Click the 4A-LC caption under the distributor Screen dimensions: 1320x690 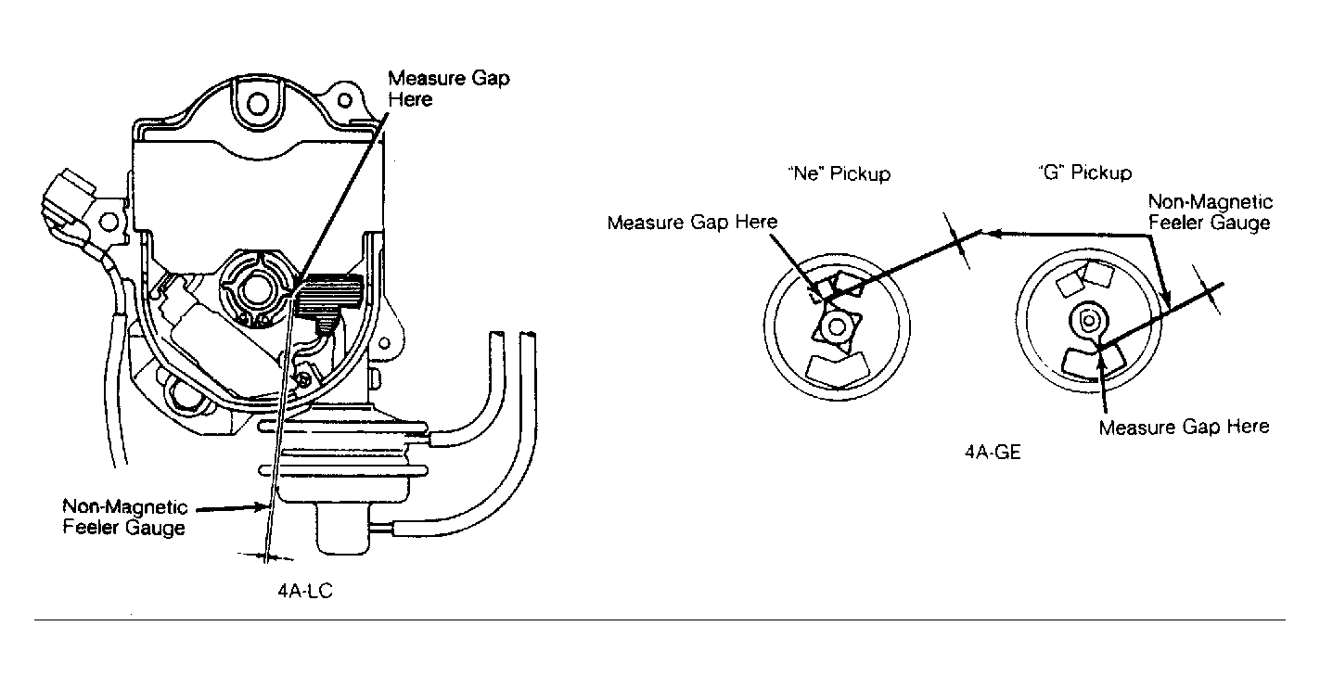tap(305, 591)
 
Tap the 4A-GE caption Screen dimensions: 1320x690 tap(993, 452)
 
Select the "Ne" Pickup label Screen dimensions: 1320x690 tap(839, 173)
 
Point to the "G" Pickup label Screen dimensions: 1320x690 tap(1085, 172)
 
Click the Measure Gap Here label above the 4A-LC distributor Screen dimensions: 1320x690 tap(448, 89)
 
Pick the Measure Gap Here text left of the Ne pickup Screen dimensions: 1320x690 tap(692, 223)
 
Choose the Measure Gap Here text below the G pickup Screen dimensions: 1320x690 tap(1184, 427)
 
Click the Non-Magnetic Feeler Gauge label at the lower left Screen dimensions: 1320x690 tap(125, 517)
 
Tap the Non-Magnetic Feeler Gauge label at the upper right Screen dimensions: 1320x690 tap(1211, 212)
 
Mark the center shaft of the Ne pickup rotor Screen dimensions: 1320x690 tap(836, 326)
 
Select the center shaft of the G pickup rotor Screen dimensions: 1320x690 tap(1088, 321)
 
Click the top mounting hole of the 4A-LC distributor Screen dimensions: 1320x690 tap(258, 104)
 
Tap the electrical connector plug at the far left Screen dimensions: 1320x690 tap(68, 199)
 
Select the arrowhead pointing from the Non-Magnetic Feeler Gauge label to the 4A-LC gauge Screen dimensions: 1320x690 tap(260, 506)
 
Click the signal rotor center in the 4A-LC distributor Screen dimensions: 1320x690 tap(256, 288)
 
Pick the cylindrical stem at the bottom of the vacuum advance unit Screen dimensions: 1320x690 tap(343, 529)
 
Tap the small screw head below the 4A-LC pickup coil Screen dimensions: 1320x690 tap(303, 380)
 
